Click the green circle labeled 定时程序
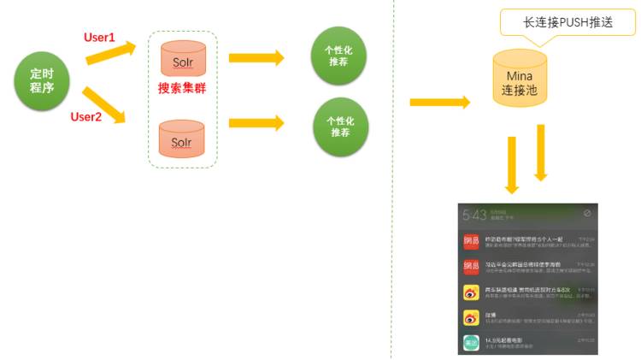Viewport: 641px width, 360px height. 42,81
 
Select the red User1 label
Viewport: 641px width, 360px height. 99,38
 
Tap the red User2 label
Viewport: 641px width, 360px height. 86,116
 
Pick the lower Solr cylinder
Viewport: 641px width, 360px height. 182,139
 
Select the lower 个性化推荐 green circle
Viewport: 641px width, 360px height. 340,127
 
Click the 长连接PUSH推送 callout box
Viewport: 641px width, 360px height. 567,22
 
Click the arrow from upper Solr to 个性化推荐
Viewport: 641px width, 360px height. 256,58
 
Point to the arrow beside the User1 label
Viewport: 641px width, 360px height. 111,53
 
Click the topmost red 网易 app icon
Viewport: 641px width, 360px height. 471,240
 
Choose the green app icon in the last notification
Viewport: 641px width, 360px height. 471,343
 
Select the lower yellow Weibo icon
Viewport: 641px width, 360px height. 471,317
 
